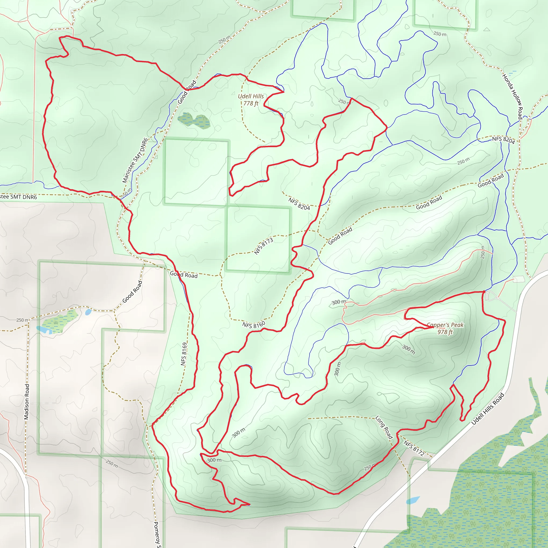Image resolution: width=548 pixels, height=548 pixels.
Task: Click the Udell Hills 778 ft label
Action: (251, 100)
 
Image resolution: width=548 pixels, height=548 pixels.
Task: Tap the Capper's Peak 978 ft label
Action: (445, 328)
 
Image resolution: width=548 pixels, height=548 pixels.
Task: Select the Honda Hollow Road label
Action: (512, 96)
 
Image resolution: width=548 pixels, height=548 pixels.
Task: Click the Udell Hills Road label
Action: (488, 409)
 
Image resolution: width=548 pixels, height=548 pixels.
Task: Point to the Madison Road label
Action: (27, 402)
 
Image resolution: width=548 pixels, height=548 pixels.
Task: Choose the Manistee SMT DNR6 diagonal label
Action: (135, 160)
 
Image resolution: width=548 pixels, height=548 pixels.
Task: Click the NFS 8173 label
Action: (264, 246)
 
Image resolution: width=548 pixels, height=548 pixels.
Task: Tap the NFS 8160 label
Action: (254, 325)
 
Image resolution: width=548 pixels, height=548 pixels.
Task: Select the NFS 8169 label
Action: (184, 354)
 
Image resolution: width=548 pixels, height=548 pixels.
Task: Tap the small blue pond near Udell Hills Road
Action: (413, 500)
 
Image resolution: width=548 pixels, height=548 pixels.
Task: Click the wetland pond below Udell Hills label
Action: (194, 120)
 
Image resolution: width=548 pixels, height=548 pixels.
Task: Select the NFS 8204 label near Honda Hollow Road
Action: (503, 140)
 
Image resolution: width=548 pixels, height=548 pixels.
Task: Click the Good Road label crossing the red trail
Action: (184, 275)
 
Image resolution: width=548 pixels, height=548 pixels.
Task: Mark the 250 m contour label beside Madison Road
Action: (22, 320)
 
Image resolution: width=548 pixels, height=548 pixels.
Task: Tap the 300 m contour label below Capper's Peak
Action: (408, 349)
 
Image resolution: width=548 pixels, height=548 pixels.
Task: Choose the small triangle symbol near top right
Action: (487, 29)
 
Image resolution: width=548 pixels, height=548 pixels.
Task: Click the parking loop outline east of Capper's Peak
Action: (490, 296)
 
